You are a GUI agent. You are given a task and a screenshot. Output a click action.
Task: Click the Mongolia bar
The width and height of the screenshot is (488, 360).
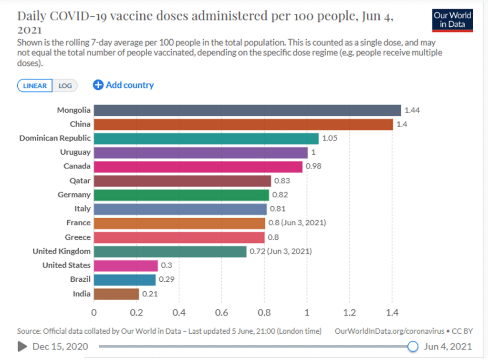point(247,110)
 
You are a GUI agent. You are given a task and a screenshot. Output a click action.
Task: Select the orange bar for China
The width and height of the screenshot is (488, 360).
point(243,125)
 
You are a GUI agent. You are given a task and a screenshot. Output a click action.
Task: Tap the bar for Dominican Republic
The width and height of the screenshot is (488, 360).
point(206,138)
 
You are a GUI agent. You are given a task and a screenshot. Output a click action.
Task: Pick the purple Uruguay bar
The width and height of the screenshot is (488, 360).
point(201,153)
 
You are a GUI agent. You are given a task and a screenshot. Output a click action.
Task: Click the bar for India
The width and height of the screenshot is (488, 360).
point(116,294)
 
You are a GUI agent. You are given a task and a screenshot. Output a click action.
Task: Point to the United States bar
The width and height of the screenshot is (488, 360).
point(125,265)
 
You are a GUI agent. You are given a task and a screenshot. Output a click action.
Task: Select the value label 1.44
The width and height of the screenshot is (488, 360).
point(412,110)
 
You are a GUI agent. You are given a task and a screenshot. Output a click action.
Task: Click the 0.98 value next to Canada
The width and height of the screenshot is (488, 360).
point(313,167)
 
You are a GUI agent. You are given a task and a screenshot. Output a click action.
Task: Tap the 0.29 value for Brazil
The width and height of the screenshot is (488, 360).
point(166,279)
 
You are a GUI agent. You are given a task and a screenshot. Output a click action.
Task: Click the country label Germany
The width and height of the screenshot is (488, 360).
point(74,195)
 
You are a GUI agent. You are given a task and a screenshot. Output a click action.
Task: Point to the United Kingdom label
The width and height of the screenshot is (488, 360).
point(61,251)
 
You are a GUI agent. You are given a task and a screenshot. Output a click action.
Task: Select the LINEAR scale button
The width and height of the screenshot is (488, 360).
point(35,86)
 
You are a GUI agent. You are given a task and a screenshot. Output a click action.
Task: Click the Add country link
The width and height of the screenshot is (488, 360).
point(124,85)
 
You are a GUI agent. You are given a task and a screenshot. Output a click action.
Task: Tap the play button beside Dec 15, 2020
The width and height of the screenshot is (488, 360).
point(22,346)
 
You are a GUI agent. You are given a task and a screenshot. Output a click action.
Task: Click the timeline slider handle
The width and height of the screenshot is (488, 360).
point(413,346)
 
